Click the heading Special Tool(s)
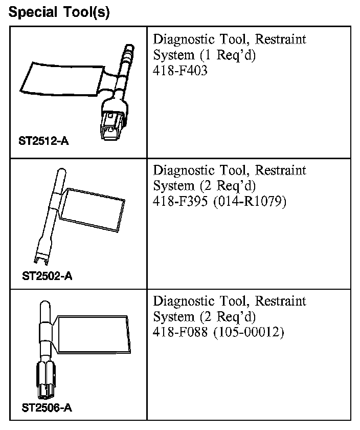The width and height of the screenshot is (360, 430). [59, 12]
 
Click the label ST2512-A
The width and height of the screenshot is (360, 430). [43, 141]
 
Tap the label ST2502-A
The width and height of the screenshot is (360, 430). [47, 276]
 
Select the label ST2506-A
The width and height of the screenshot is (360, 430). [47, 408]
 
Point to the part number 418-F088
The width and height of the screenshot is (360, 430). [181, 332]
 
